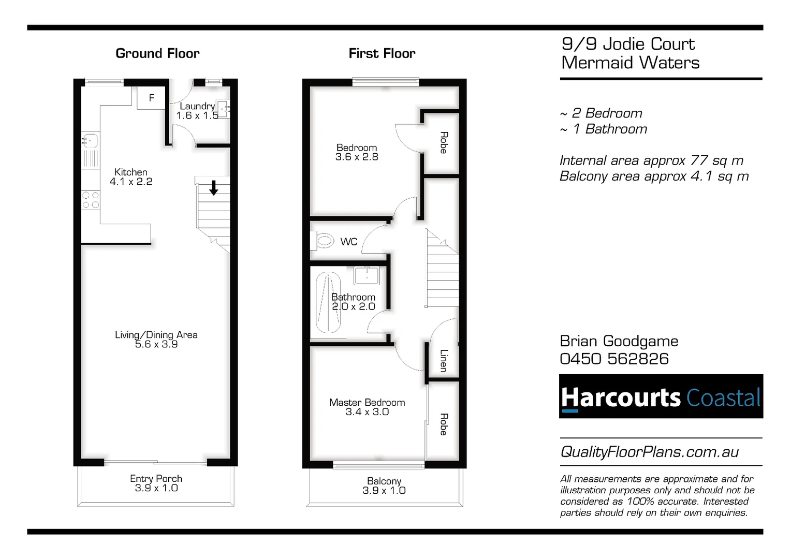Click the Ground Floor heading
pos(157,53)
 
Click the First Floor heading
pos(382,53)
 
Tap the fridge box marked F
pos(151,98)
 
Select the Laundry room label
pos(197,106)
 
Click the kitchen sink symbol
pos(90,140)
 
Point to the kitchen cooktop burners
pos(91,200)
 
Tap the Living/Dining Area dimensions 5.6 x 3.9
pos(156,344)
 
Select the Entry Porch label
pos(156,479)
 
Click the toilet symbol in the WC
pos(324,241)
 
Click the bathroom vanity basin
pos(367,275)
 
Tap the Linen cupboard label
pos(443,360)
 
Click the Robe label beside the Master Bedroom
pos(444,424)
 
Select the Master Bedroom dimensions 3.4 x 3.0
pos(367,412)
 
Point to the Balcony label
pos(384,481)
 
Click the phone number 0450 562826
pos(614,359)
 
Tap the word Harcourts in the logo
pos(620,398)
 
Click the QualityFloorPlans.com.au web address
pos(649,452)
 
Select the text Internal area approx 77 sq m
pos(651,160)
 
